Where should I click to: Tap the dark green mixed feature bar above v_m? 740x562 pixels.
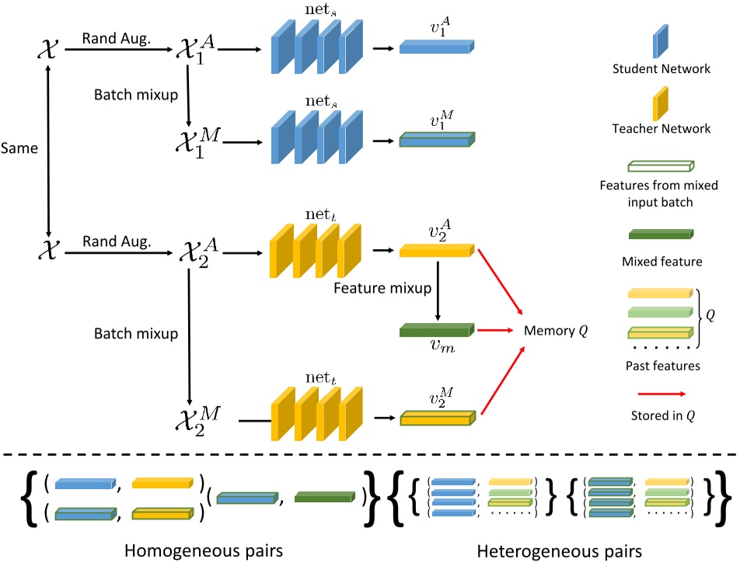click(435, 329)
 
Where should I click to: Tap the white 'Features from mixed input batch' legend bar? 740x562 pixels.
click(658, 165)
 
